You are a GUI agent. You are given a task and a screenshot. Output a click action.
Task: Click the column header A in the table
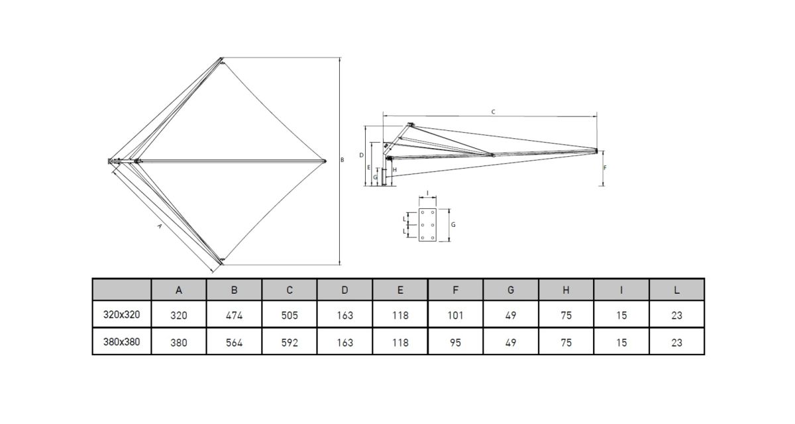click(x=178, y=290)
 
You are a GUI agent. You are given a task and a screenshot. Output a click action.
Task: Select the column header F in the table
click(x=455, y=290)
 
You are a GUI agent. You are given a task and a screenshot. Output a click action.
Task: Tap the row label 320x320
click(x=121, y=315)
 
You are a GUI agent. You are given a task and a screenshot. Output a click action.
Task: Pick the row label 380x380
click(x=121, y=342)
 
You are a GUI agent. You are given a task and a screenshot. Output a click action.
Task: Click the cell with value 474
click(x=234, y=316)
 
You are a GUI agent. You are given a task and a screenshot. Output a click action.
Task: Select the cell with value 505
click(x=290, y=316)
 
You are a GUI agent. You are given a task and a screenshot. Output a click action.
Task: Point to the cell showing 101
click(x=455, y=316)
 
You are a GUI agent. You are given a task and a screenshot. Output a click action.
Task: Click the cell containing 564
click(x=234, y=343)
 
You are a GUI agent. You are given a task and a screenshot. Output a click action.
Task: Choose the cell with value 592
click(x=290, y=343)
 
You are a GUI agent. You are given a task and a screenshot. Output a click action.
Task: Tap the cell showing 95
click(x=455, y=343)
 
